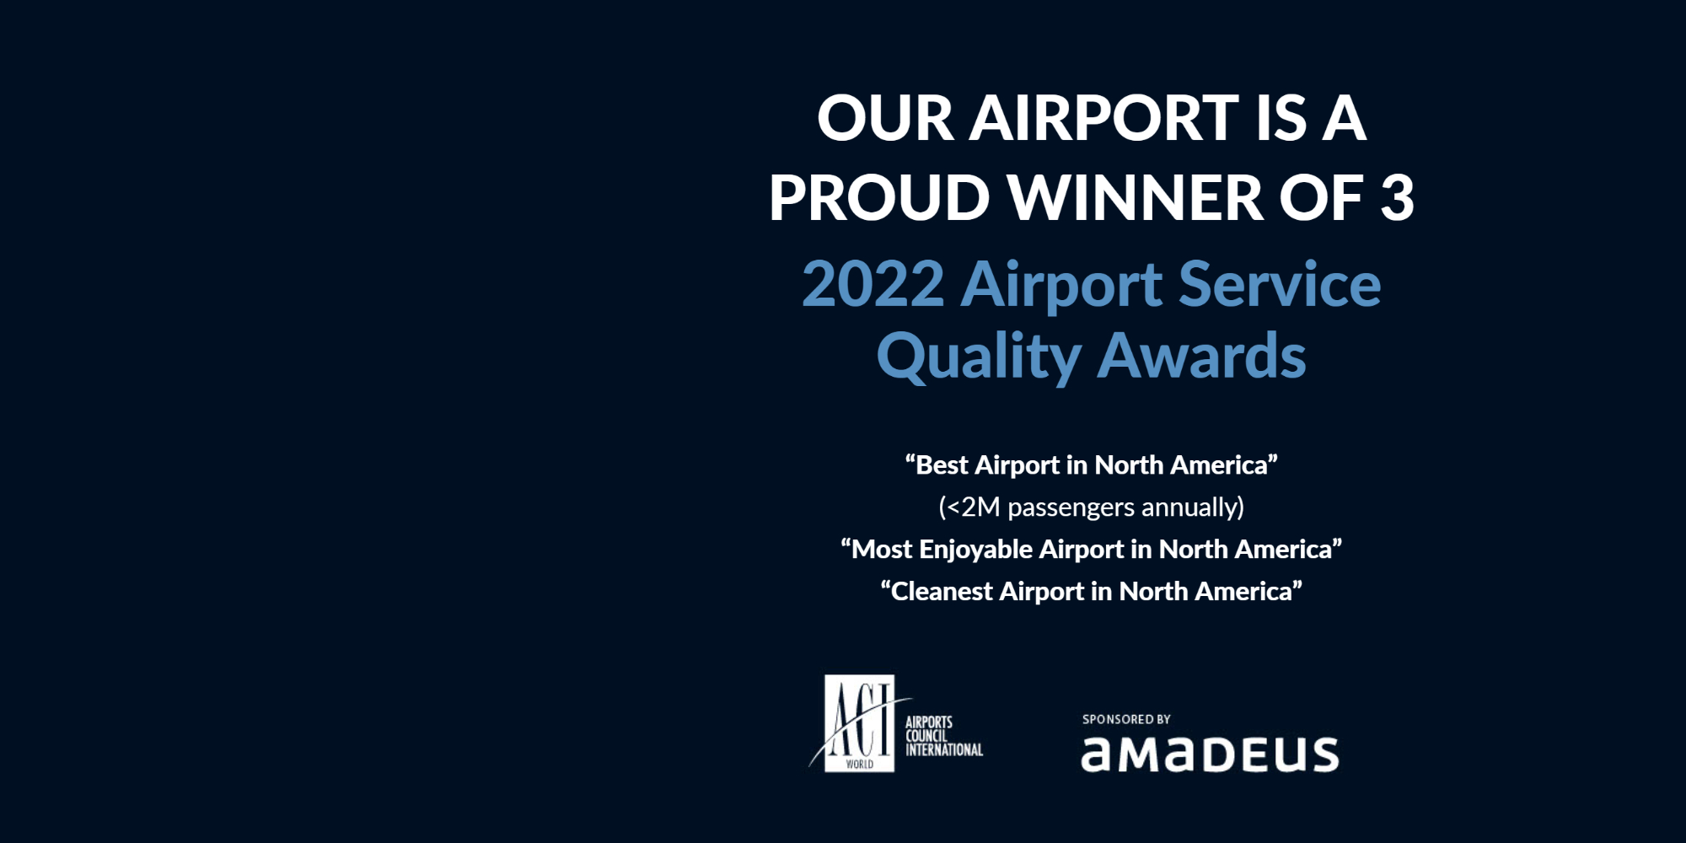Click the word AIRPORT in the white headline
1103,118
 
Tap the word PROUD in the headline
879,198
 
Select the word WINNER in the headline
1136,198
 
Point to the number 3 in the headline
1397,198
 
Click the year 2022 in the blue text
873,284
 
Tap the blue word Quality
979,357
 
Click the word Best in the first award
942,465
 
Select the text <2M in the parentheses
973,507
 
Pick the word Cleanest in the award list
942,592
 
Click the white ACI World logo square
859,723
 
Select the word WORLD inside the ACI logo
859,765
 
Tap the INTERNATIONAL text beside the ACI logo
944,749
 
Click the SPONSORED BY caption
1126,719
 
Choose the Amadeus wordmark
1210,754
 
